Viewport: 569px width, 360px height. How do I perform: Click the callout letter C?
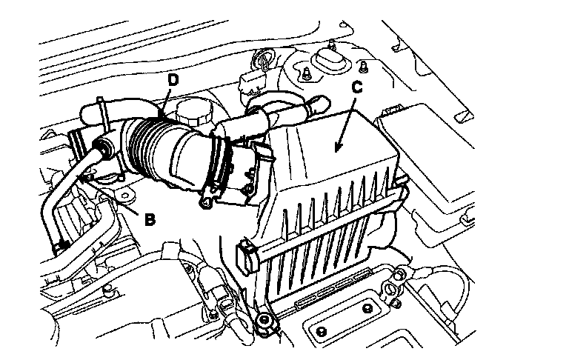pyautogui.click(x=356, y=87)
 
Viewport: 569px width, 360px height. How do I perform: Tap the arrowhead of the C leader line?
pyautogui.click(x=338, y=150)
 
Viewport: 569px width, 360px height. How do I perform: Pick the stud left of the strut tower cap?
pyautogui.click(x=305, y=72)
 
